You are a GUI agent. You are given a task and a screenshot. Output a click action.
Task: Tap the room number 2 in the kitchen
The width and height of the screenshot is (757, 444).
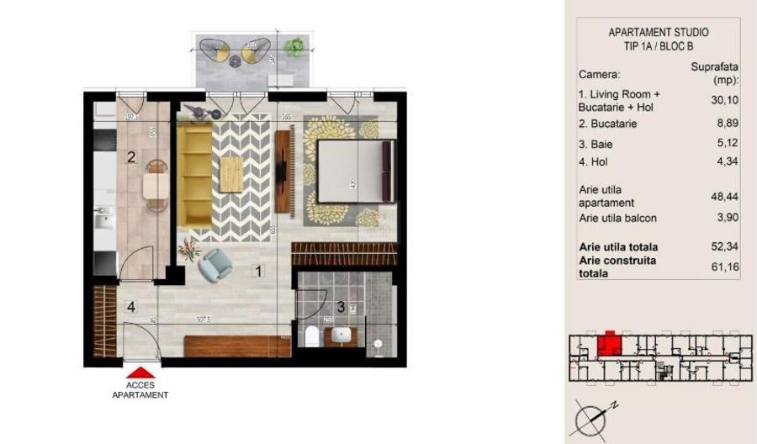click(131, 156)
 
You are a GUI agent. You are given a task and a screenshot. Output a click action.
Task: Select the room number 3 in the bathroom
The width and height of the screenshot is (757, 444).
click(341, 308)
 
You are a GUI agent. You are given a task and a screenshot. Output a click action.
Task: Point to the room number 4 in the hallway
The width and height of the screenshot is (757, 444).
click(130, 306)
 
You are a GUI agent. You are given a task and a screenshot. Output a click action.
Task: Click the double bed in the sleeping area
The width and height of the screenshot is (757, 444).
click(354, 172)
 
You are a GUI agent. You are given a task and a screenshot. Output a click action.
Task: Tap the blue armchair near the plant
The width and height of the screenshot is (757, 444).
click(216, 265)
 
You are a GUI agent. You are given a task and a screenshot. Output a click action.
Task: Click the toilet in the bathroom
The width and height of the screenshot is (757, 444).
click(311, 337)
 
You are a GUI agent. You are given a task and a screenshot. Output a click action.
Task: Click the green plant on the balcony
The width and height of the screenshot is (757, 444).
click(294, 49)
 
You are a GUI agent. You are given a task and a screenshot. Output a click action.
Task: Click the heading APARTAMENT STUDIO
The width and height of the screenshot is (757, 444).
click(658, 33)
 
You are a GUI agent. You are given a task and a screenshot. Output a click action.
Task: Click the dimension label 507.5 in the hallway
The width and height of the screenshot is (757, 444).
click(202, 320)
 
